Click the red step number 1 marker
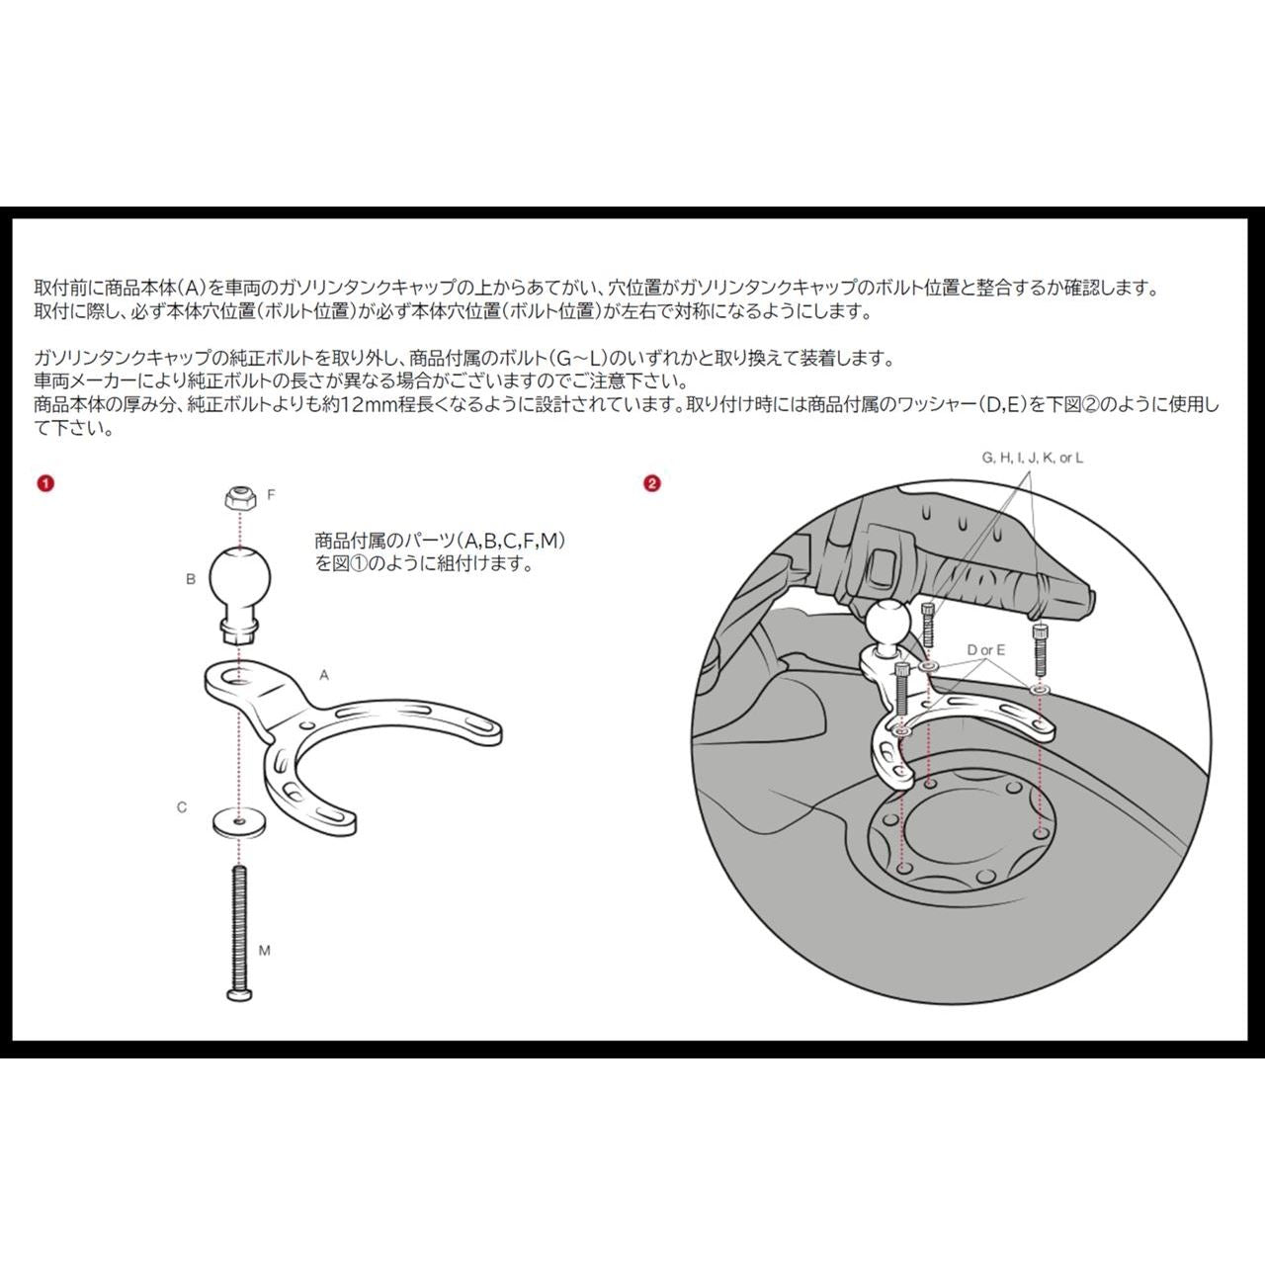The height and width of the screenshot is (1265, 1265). pyautogui.click(x=45, y=484)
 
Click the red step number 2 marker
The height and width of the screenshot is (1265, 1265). pyautogui.click(x=652, y=484)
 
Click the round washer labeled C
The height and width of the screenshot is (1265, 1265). pyautogui.click(x=239, y=822)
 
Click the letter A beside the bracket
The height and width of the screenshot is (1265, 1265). pyautogui.click(x=323, y=675)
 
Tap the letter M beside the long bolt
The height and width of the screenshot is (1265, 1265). pyautogui.click(x=265, y=950)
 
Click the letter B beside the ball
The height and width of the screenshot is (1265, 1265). pyautogui.click(x=191, y=579)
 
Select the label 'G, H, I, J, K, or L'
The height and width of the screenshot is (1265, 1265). pyautogui.click(x=1033, y=459)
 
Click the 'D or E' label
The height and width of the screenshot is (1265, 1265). pyautogui.click(x=986, y=650)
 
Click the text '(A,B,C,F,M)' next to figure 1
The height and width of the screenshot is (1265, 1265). pyautogui.click(x=511, y=541)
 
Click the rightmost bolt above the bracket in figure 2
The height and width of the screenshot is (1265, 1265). pyautogui.click(x=1041, y=649)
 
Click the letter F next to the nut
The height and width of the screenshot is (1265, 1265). pyautogui.click(x=271, y=495)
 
